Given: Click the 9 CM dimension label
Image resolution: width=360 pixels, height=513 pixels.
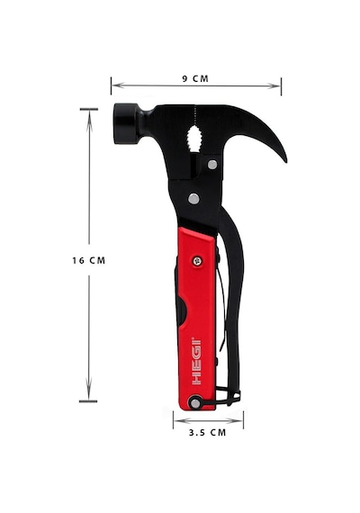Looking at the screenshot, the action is click(195, 78).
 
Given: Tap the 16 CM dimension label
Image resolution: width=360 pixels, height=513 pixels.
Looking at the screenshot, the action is click(89, 260).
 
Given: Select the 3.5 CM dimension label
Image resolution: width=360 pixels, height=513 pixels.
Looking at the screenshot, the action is click(208, 433).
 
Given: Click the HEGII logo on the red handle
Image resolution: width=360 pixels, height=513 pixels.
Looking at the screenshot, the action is click(197, 361).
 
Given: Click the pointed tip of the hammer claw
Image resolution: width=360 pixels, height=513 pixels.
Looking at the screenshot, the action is click(285, 161).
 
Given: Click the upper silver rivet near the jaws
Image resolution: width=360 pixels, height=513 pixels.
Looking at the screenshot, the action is click(212, 164).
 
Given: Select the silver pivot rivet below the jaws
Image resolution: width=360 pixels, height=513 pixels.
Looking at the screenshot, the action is click(193, 199).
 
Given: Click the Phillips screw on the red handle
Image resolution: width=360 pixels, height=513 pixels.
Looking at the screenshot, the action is click(197, 261).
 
